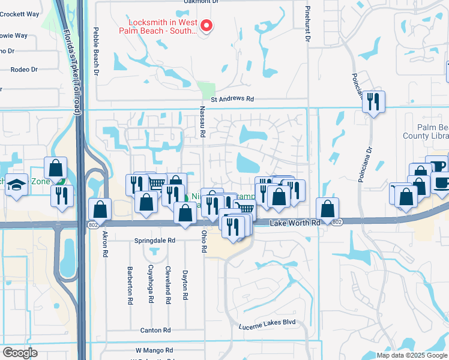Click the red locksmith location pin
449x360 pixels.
206,25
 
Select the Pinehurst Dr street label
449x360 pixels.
307,24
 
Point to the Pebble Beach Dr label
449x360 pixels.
95,51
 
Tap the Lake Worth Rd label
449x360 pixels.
295,223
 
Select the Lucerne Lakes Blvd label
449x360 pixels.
268,322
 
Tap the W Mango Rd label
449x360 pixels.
154,350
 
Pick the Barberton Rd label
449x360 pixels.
130,286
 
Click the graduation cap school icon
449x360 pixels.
16,187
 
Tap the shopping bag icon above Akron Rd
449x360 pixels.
100,209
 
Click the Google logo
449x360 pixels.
20,353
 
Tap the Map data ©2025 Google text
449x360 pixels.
412,355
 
